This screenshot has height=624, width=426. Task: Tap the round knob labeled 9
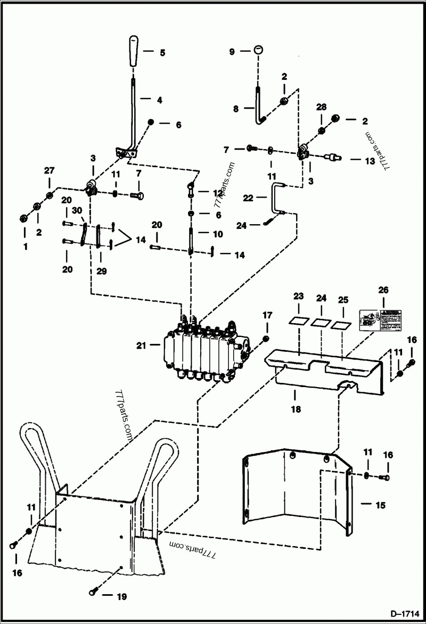[x=258, y=50]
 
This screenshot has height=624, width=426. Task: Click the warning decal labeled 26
[x=380, y=320]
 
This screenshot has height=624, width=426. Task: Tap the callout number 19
[x=121, y=597]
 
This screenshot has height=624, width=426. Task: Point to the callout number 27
[x=50, y=171]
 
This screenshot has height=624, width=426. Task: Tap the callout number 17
[x=267, y=316]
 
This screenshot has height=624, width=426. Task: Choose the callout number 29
[x=102, y=271]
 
